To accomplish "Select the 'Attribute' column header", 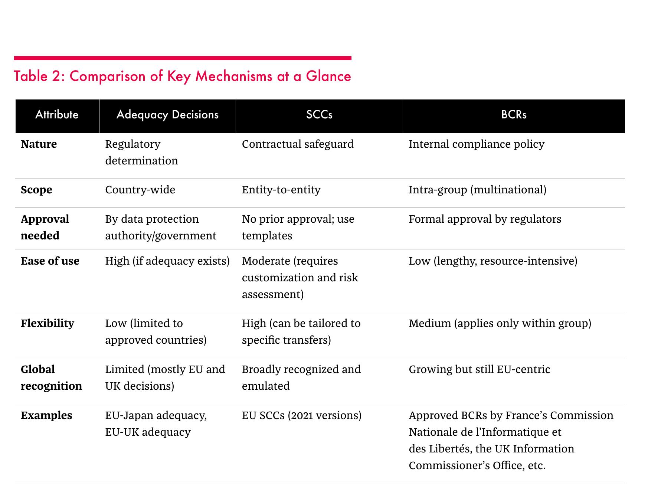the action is pyautogui.click(x=57, y=114).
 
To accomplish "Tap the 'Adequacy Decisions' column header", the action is pyautogui.click(x=167, y=115).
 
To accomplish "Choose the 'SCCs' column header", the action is pyautogui.click(x=319, y=114).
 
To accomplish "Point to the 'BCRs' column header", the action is pyautogui.click(x=514, y=114).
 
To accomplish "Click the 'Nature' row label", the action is pyautogui.click(x=39, y=144).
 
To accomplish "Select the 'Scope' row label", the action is pyautogui.click(x=36, y=190).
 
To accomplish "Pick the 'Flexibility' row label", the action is pyautogui.click(x=48, y=323).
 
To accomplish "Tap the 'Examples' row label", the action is pyautogui.click(x=46, y=415).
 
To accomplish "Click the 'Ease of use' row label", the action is pyautogui.click(x=50, y=261).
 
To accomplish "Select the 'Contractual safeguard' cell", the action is pyautogui.click(x=298, y=144).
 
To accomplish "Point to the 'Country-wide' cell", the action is pyautogui.click(x=140, y=190).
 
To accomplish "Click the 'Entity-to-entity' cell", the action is pyautogui.click(x=281, y=190).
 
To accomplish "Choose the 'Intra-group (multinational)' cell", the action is pyautogui.click(x=477, y=190).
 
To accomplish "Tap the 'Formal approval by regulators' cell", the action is pyautogui.click(x=485, y=219).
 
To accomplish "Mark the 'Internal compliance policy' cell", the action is pyautogui.click(x=477, y=144).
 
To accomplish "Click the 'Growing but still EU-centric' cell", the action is pyautogui.click(x=480, y=369).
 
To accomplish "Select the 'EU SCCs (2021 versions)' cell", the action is pyautogui.click(x=302, y=415).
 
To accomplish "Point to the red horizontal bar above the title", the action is pyautogui.click(x=183, y=58).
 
